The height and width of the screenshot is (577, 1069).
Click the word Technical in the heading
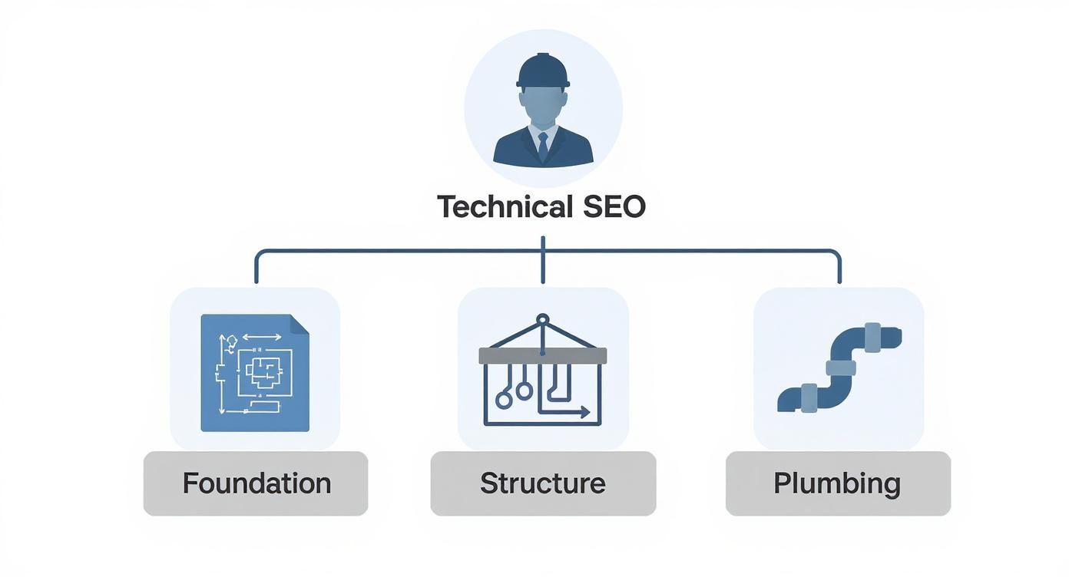(505, 206)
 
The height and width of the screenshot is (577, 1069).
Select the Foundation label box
(256, 483)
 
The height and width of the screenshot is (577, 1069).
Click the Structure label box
(543, 483)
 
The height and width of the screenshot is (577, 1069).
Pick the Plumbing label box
(838, 483)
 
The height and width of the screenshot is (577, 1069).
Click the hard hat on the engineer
(543, 70)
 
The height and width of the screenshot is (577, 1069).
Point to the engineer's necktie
(543, 147)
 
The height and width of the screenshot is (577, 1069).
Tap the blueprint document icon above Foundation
(255, 373)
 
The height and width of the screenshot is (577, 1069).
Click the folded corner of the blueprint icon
(300, 324)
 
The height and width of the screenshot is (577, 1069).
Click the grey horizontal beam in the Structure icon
(543, 356)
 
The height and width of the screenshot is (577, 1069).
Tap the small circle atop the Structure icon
(543, 319)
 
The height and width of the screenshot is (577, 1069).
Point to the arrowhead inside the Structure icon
(585, 413)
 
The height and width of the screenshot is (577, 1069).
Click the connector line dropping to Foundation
(256, 266)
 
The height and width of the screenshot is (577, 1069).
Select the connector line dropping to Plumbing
(839, 266)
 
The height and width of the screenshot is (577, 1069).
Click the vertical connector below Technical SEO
(543, 260)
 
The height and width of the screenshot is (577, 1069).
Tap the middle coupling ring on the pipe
(841, 368)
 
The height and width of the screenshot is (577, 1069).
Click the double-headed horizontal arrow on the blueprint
(262, 337)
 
